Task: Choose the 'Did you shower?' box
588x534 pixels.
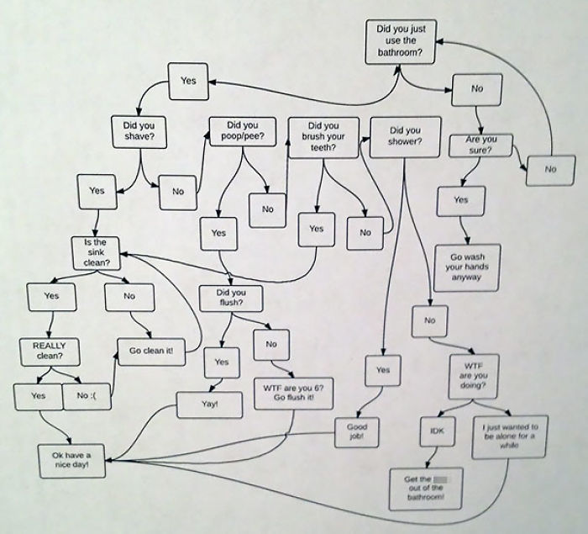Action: (x=405, y=136)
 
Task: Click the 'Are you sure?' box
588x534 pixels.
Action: (x=481, y=145)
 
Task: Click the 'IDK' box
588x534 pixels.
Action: (x=436, y=431)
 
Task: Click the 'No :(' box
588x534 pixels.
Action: (x=87, y=395)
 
